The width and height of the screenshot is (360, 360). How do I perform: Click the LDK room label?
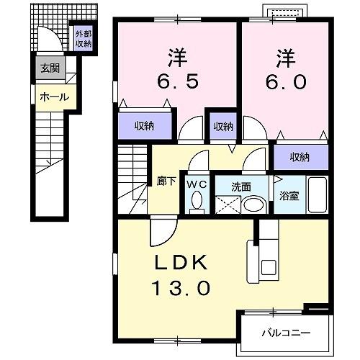tap(180, 262)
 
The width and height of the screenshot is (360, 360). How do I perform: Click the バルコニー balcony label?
tap(285, 333)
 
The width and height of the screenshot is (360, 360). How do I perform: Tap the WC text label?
tap(197, 184)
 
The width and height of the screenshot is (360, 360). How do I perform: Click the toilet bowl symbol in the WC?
tap(197, 202)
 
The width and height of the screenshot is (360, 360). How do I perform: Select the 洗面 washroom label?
tap(240, 186)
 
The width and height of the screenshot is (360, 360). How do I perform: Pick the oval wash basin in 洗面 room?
tap(253, 204)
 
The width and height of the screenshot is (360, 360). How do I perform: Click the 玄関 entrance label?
tap(50, 68)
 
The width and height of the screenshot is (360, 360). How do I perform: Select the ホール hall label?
tap(54, 96)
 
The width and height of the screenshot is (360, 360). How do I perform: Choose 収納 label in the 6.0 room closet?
tap(300, 157)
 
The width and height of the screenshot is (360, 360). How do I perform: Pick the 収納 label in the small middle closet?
tap(222, 126)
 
